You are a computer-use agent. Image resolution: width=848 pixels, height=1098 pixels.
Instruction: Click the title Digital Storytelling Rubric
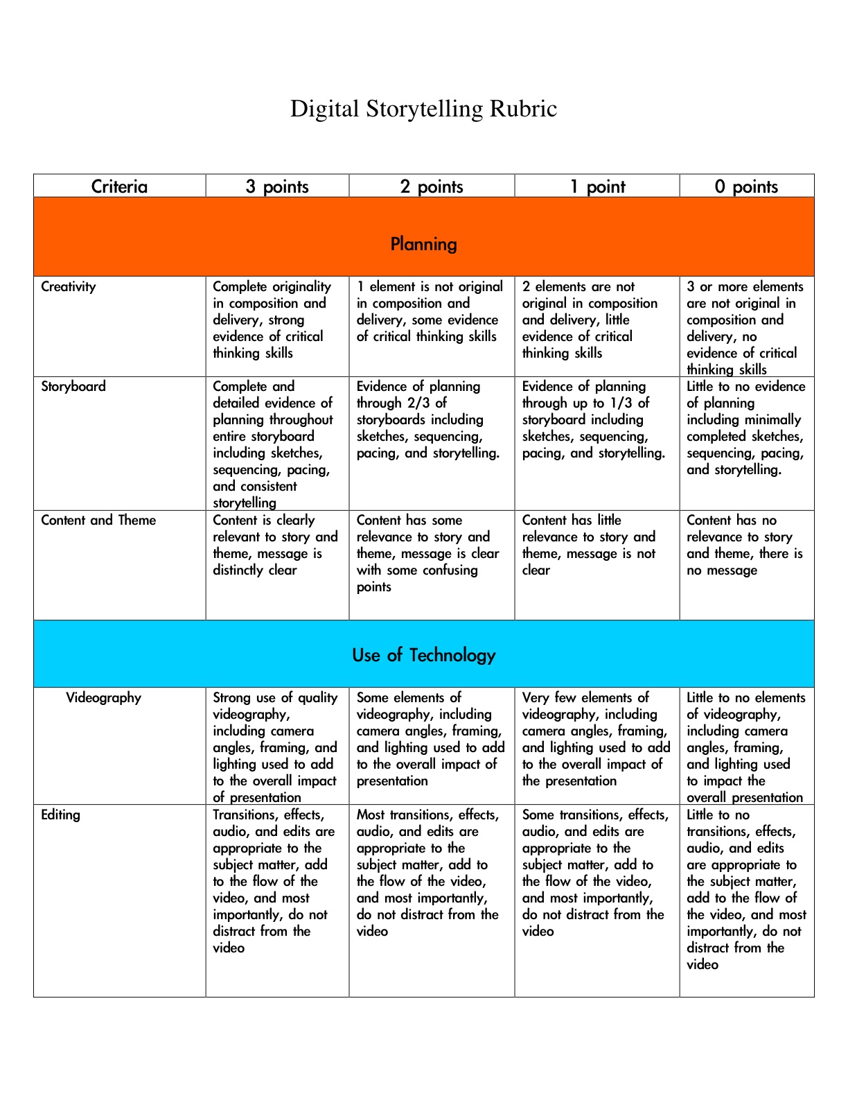coord(423,109)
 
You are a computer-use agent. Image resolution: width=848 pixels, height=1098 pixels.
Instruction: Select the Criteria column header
coord(119,186)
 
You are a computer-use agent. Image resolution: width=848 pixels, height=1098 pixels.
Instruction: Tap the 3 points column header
coord(277,186)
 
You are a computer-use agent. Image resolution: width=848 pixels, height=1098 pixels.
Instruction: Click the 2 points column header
coord(432,186)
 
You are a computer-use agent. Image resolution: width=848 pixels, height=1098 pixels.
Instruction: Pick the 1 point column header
coord(597,186)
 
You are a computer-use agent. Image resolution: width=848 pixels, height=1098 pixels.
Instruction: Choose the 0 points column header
coord(746,186)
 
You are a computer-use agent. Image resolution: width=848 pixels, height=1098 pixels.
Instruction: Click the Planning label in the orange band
coord(423,244)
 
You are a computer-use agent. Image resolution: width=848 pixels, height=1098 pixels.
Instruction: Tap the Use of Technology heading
coord(423,655)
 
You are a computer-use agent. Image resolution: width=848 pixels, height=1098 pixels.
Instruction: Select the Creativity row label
coord(69,286)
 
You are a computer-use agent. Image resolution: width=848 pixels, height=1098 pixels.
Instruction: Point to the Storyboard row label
coord(73,386)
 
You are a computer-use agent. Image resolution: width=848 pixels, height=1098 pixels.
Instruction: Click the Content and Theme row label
coord(98,520)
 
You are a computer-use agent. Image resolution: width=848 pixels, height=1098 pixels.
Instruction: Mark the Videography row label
coord(103,697)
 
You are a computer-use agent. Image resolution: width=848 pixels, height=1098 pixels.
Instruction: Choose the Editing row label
coord(60,814)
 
